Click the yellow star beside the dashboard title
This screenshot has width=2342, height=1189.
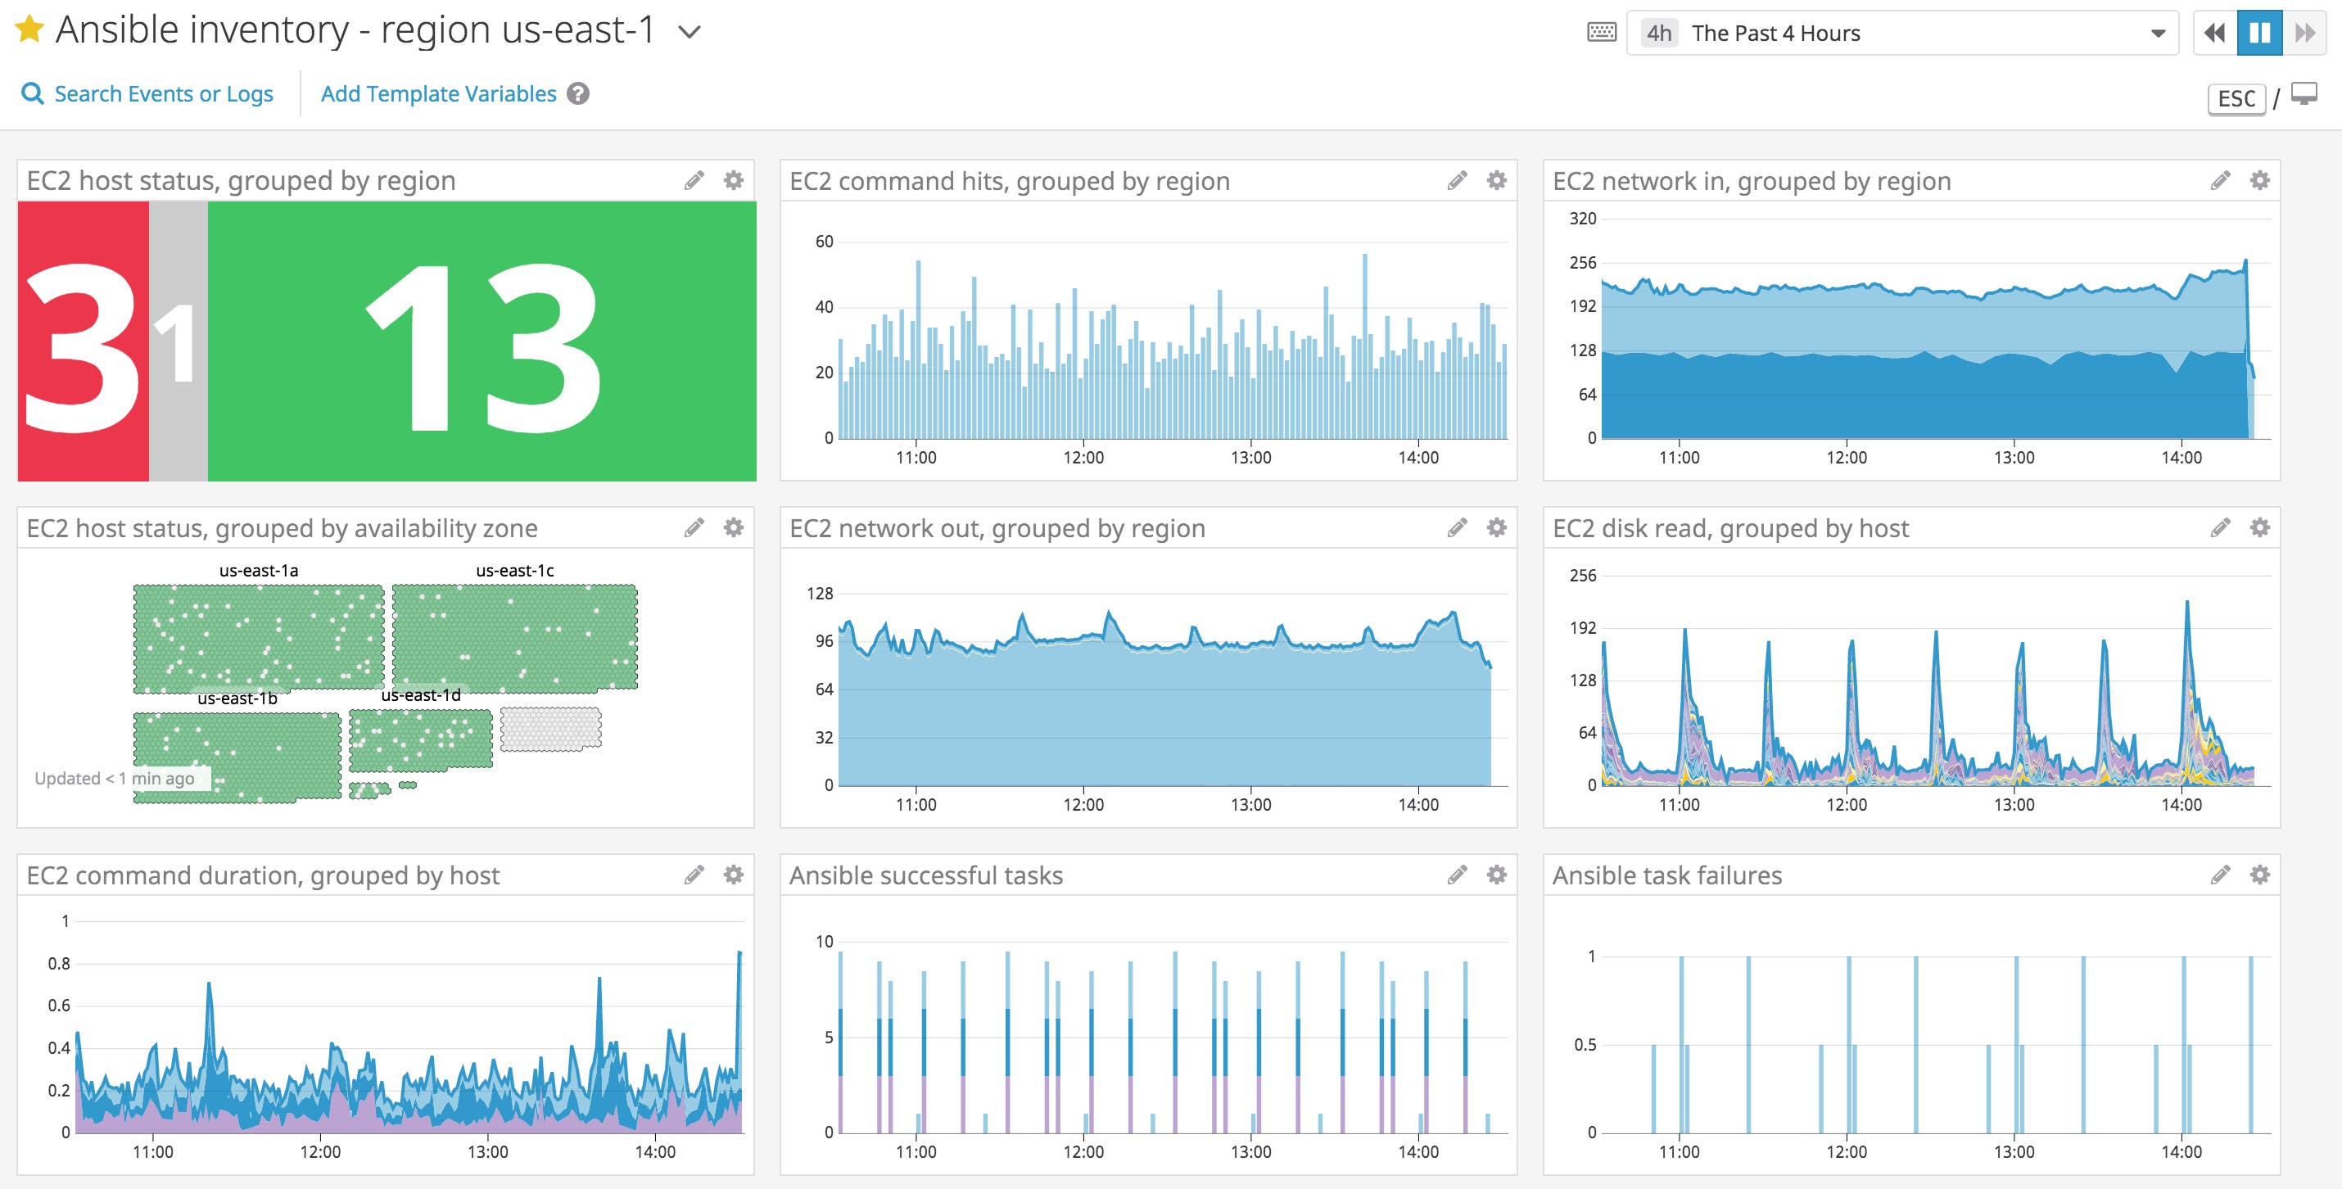pyautogui.click(x=30, y=30)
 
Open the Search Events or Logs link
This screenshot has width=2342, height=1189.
pyautogui.click(x=163, y=93)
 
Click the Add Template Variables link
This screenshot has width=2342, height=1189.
pyautogui.click(x=438, y=93)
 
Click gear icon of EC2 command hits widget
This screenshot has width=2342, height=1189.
pyautogui.click(x=1496, y=180)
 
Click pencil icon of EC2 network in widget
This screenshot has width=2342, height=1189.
pyautogui.click(x=2220, y=180)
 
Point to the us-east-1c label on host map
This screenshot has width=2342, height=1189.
pyautogui.click(x=514, y=571)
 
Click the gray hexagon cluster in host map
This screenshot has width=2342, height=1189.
pyautogui.click(x=551, y=729)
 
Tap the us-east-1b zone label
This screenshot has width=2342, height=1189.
pyautogui.click(x=237, y=699)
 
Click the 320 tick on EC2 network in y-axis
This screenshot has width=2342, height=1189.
pyautogui.click(x=1582, y=218)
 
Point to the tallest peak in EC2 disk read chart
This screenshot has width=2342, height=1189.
pyautogui.click(x=2186, y=603)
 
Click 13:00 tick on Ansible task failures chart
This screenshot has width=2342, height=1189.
pyautogui.click(x=2014, y=1151)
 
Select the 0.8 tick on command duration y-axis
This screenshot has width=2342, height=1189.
pyautogui.click(x=59, y=964)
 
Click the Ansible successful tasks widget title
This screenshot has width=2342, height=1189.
pyautogui.click(x=925, y=875)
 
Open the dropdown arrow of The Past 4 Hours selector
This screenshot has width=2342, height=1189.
pyautogui.click(x=2158, y=34)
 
